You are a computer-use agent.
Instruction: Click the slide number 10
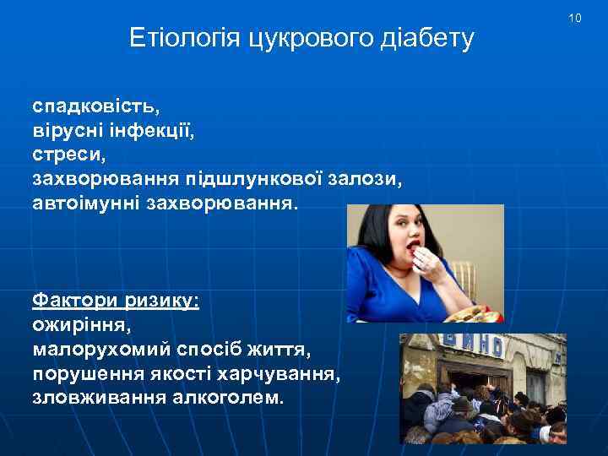click(575, 19)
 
